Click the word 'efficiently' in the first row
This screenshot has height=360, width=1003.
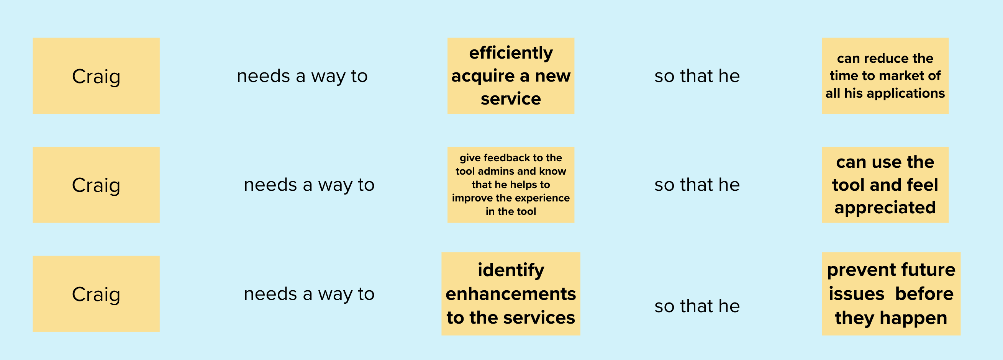[x=511, y=53]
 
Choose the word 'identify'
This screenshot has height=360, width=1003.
[x=511, y=270]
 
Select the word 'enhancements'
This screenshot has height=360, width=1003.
[x=511, y=294]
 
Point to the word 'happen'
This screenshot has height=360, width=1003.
[x=913, y=318]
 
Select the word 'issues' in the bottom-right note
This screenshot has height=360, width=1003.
[x=856, y=294]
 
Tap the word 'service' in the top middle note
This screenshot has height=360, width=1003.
[x=511, y=99]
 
